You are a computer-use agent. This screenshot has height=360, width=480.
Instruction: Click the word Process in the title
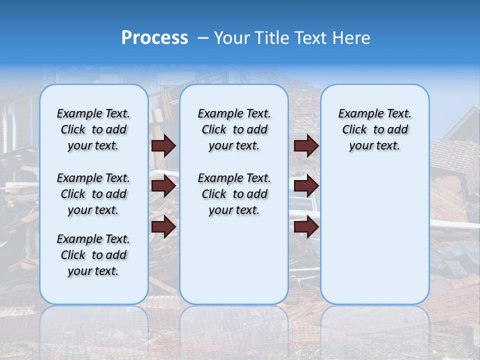(x=154, y=37)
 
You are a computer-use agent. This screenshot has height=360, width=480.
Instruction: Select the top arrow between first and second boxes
(x=163, y=146)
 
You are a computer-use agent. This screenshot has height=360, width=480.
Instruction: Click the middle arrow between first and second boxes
(x=163, y=186)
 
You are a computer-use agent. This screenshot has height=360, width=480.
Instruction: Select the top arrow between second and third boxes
(x=306, y=146)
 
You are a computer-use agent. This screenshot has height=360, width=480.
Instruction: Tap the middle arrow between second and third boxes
(x=306, y=186)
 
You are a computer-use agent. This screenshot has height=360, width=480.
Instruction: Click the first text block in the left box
(x=93, y=129)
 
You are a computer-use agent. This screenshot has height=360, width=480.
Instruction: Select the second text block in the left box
(x=93, y=194)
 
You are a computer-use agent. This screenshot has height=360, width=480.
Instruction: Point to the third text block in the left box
(x=93, y=255)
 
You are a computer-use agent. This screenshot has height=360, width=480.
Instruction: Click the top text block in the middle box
(x=234, y=129)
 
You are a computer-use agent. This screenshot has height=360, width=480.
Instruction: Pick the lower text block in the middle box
(x=234, y=194)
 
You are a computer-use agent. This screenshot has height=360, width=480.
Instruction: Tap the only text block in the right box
(x=374, y=129)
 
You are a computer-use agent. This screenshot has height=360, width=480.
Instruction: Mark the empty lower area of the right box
(x=374, y=230)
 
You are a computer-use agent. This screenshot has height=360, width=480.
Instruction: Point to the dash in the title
(x=203, y=38)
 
